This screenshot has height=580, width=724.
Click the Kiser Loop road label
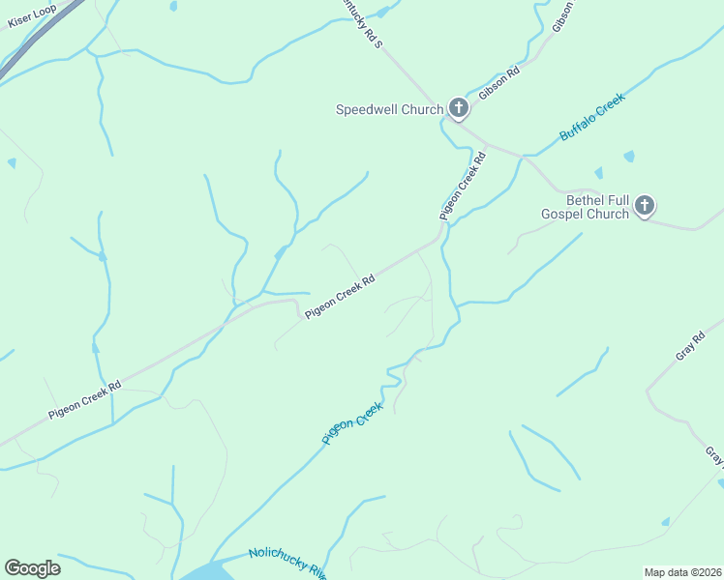(x=33, y=14)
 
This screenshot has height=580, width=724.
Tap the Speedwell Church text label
(x=388, y=109)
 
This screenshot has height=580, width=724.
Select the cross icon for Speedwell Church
(x=458, y=109)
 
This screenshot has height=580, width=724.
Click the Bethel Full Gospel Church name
(x=585, y=207)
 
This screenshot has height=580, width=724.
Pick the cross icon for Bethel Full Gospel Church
(x=645, y=206)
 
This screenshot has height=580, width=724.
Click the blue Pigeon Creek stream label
(x=352, y=423)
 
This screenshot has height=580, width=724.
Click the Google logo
(x=32, y=568)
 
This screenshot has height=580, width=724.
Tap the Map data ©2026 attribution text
(x=682, y=572)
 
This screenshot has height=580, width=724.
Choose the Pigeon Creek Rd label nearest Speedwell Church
(x=462, y=182)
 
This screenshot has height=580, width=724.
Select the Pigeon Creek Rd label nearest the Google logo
(x=85, y=398)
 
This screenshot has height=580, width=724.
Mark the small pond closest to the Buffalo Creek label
(x=629, y=156)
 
